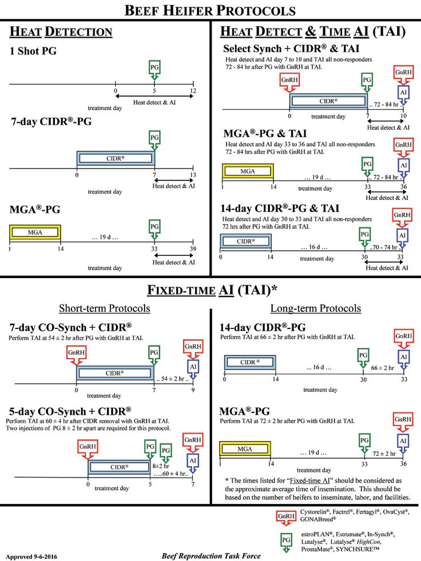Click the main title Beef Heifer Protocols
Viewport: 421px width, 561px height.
pyautogui.click(x=210, y=10)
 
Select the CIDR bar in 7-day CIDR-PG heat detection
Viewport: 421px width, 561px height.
pyautogui.click(x=116, y=157)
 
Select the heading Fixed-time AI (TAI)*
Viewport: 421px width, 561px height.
pyautogui.click(x=210, y=289)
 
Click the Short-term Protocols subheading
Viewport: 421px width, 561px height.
pyautogui.click(x=105, y=308)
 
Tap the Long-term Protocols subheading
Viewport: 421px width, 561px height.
pyautogui.click(x=316, y=308)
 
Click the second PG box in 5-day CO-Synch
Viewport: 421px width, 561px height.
pyautogui.click(x=166, y=451)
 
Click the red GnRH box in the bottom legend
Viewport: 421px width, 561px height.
pyautogui.click(x=287, y=515)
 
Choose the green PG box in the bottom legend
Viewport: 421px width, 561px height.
pyautogui.click(x=287, y=540)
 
